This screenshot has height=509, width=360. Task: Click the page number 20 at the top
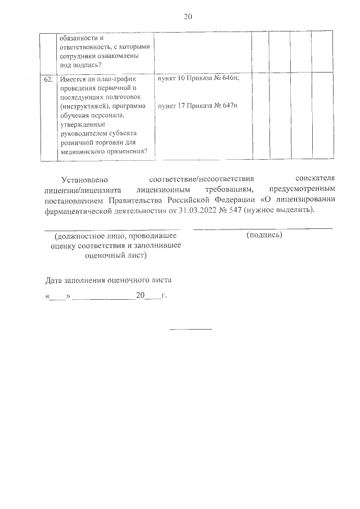pyautogui.click(x=188, y=16)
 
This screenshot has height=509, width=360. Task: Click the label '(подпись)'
pyautogui.click(x=264, y=235)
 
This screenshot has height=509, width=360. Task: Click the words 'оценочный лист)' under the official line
pyautogui.click(x=115, y=254)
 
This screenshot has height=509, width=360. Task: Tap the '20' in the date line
pyautogui.click(x=140, y=295)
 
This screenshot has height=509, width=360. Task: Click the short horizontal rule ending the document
pyautogui.click(x=191, y=328)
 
